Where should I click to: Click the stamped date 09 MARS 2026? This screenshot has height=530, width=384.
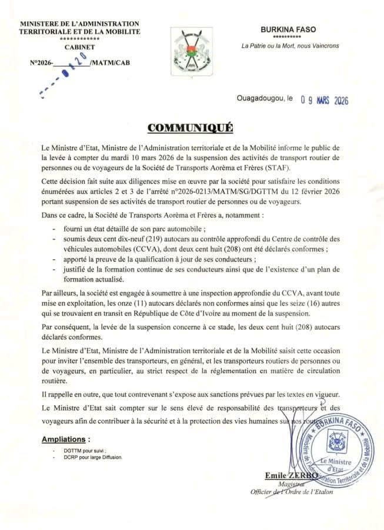317,100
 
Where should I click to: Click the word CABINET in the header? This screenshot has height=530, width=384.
80,47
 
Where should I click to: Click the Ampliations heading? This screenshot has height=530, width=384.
66,439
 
